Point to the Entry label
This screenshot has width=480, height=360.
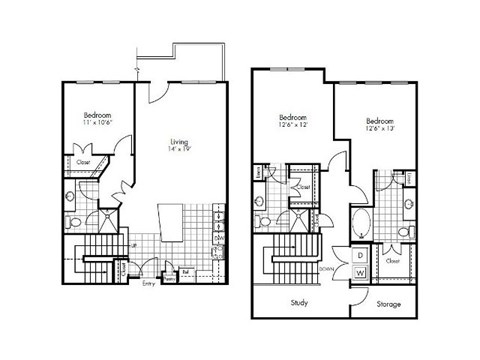[x=149, y=284]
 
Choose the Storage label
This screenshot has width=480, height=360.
[x=390, y=302]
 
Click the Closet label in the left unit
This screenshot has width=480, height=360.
[x=83, y=162]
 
